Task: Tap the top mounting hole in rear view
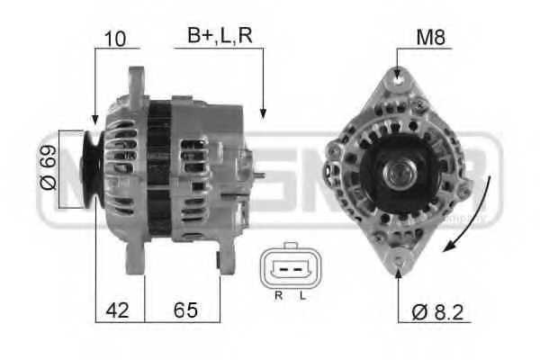click(x=397, y=82)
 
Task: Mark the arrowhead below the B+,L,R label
click(x=263, y=112)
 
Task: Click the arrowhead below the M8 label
click(x=397, y=72)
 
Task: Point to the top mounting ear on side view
click(x=136, y=82)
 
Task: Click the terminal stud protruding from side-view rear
click(x=259, y=175)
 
